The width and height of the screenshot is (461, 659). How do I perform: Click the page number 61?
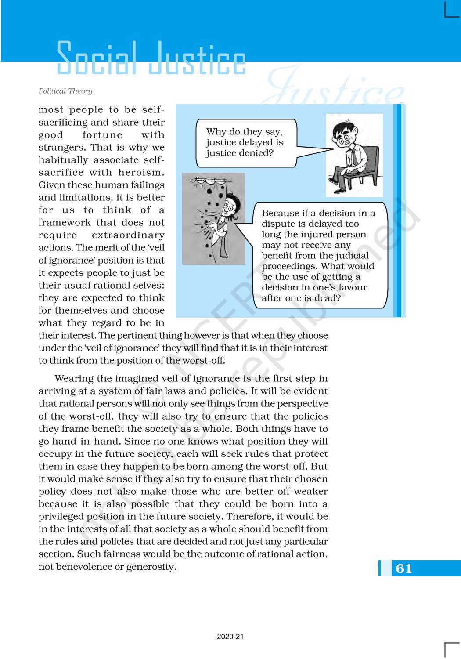(x=403, y=568)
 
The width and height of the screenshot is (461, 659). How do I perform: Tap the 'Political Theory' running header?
(x=65, y=91)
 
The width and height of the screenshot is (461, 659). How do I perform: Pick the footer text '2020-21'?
(x=230, y=637)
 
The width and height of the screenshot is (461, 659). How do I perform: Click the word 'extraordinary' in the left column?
(x=128, y=235)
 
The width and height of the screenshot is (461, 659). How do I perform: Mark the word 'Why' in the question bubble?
(x=216, y=132)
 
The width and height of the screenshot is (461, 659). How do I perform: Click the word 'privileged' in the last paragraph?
(x=59, y=517)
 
